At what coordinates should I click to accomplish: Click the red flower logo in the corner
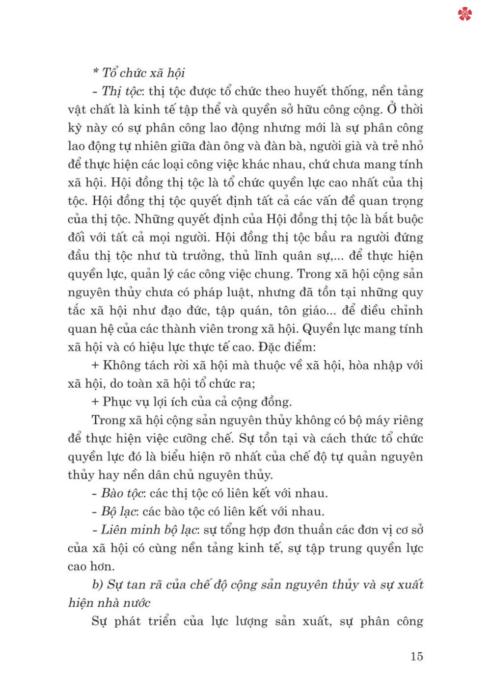pos(464,14)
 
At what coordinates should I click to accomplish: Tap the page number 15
pos(416,656)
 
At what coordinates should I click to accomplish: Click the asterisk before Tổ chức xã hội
pos(95,73)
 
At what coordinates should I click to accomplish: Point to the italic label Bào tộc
pos(122,493)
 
